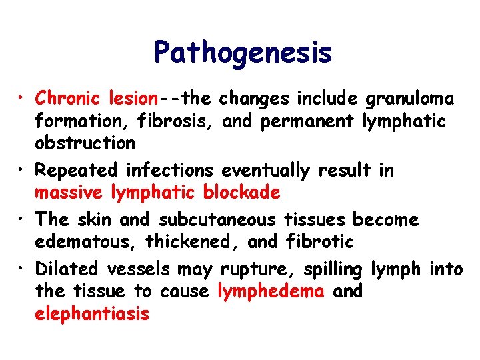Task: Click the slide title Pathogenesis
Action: click(x=242, y=53)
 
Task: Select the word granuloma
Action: click(x=409, y=99)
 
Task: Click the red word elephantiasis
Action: click(x=92, y=313)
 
